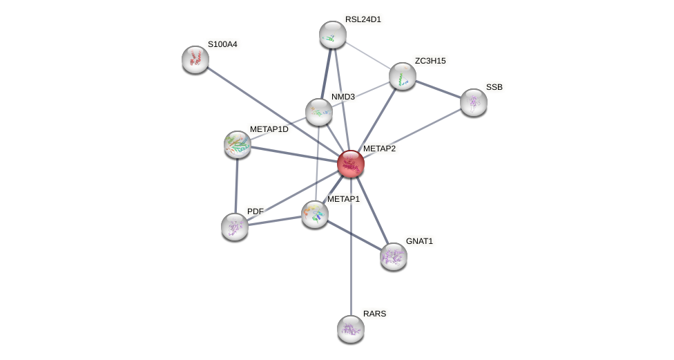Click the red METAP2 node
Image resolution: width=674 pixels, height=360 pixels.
click(x=350, y=164)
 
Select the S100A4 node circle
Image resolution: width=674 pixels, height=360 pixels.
click(x=195, y=59)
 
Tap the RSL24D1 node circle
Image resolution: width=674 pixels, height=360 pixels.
click(x=332, y=35)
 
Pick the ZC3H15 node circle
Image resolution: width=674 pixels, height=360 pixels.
click(x=402, y=76)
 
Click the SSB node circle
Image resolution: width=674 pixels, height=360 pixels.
click(x=473, y=102)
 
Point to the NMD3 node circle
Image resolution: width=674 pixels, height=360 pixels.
click(x=318, y=111)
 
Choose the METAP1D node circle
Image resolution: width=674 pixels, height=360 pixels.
click(x=238, y=144)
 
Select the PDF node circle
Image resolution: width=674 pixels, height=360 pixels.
click(x=235, y=226)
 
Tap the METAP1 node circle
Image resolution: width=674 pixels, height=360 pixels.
click(x=315, y=214)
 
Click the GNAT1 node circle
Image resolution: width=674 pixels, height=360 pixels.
click(x=393, y=256)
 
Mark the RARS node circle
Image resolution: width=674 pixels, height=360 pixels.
click(x=350, y=328)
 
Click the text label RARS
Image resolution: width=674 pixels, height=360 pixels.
click(x=374, y=314)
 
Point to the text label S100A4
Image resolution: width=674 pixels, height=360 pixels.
click(x=222, y=44)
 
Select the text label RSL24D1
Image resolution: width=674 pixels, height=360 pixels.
click(x=363, y=19)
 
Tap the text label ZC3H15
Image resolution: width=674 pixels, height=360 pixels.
click(x=430, y=61)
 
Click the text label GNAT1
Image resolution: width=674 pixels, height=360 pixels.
click(x=419, y=241)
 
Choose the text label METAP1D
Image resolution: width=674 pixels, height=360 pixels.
click(x=269, y=129)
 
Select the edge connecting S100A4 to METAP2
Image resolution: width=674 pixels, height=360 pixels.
click(x=273, y=111)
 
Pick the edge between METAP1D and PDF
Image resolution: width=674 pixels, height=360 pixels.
click(x=236, y=185)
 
